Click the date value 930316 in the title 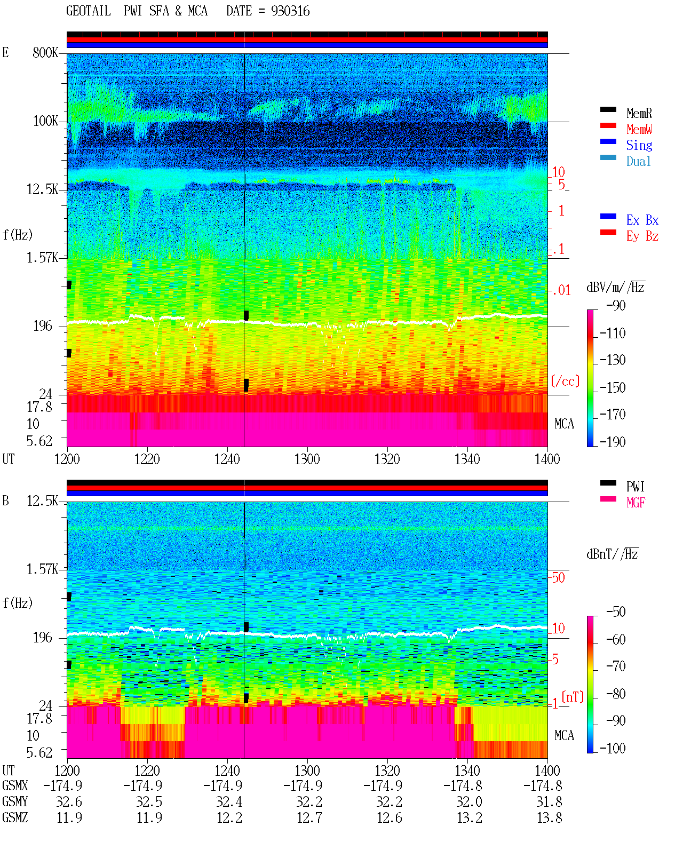[290, 11]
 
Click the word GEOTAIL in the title [89, 11]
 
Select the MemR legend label [639, 113]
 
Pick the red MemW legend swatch [608, 125]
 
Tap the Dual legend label [639, 161]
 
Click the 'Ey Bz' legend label [642, 236]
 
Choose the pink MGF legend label [636, 503]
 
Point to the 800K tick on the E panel [45, 52]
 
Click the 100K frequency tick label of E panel [45, 121]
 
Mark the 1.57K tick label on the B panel [42, 569]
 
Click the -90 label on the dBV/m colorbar [616, 305]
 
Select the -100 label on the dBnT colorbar [613, 748]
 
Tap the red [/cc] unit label [565, 381]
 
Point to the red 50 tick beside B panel [558, 577]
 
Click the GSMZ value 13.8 [549, 817]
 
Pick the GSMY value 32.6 [69, 802]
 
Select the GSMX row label [15, 785]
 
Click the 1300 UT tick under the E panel [307, 459]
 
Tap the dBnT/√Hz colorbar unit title [612, 554]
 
